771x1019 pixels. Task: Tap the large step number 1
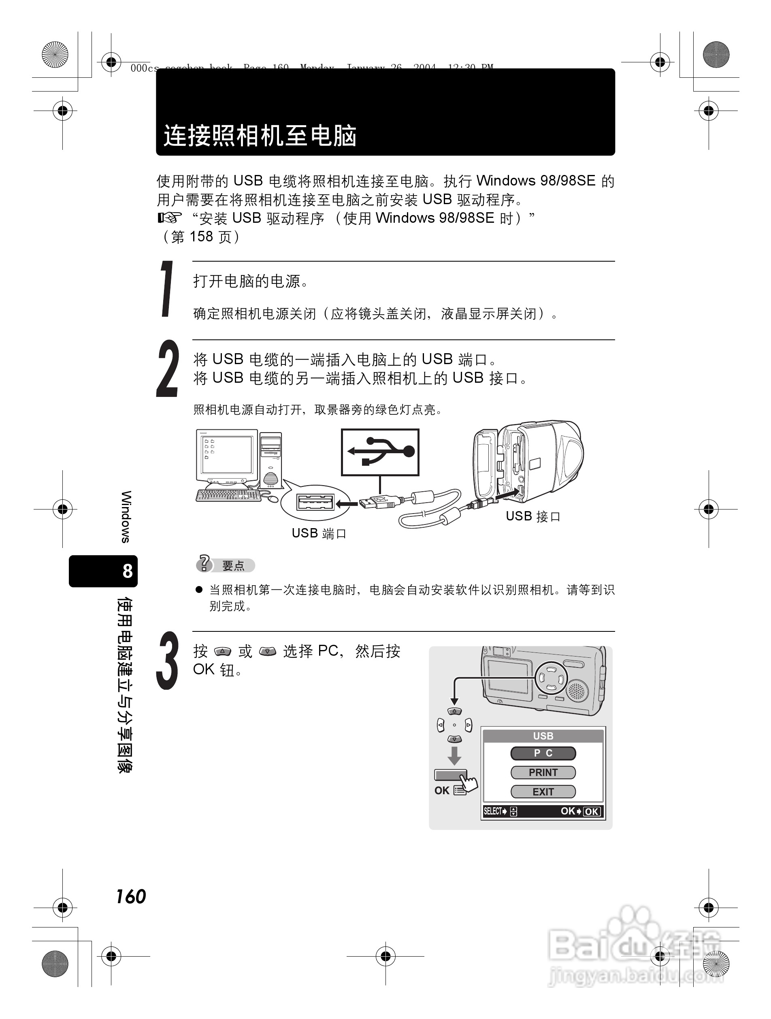click(x=167, y=289)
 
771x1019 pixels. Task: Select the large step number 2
click(x=167, y=369)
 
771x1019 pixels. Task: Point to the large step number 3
click(x=167, y=661)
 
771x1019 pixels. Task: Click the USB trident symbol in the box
click(x=380, y=452)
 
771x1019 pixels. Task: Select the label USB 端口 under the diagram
click(x=319, y=533)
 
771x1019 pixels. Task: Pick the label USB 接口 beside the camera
click(x=533, y=516)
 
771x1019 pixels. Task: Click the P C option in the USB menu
click(x=543, y=753)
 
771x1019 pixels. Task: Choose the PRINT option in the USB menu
click(x=543, y=772)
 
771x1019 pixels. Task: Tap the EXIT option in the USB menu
click(x=543, y=792)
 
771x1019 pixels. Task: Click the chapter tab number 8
click(x=128, y=571)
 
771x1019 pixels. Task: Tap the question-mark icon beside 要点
click(x=204, y=563)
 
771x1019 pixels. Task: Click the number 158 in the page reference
click(x=201, y=237)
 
